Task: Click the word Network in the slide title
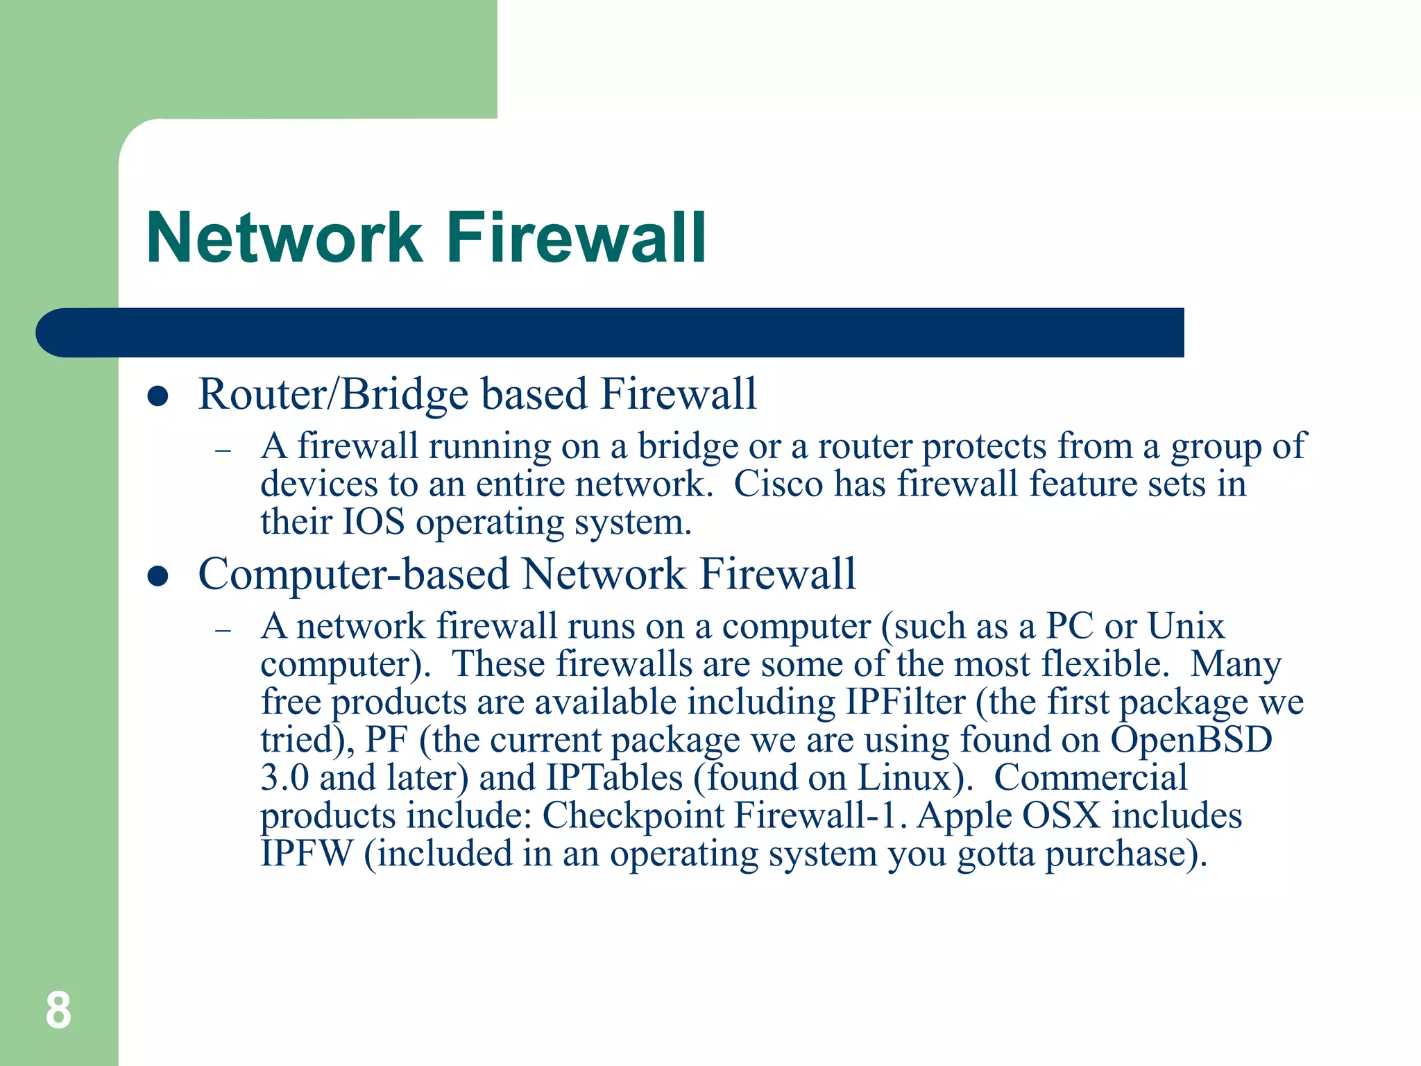pyautogui.click(x=284, y=238)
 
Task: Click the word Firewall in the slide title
pyautogui.click(x=576, y=238)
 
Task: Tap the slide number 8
pyautogui.click(x=58, y=1010)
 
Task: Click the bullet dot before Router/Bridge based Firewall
pyautogui.click(x=158, y=396)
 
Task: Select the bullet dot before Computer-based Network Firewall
pyautogui.click(x=158, y=576)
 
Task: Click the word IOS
pyautogui.click(x=373, y=522)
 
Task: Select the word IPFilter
pyautogui.click(x=905, y=702)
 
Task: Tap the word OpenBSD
pyautogui.click(x=1191, y=740)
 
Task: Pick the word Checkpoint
pyautogui.click(x=632, y=815)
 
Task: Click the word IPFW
pyautogui.click(x=307, y=853)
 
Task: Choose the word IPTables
pyautogui.click(x=614, y=777)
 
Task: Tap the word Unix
pyautogui.click(x=1186, y=626)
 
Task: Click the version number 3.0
pyautogui.click(x=284, y=777)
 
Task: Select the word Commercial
pyautogui.click(x=1090, y=777)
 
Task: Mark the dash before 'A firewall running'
pyautogui.click(x=223, y=451)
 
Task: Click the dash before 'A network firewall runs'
pyautogui.click(x=223, y=631)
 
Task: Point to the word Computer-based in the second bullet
pyautogui.click(x=354, y=575)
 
